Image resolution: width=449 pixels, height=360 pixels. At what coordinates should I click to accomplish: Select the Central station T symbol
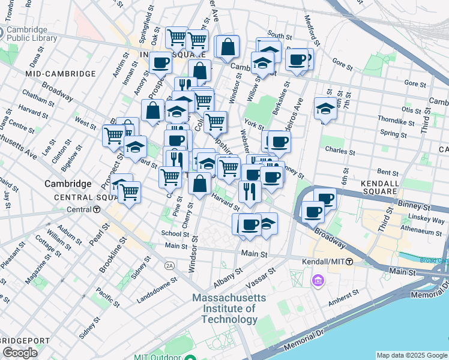pyautogui.click(x=96, y=209)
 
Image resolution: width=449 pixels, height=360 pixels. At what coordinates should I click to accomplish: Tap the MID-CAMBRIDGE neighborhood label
pyautogui.click(x=61, y=73)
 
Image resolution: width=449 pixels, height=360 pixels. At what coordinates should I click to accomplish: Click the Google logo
pyautogui.click(x=20, y=353)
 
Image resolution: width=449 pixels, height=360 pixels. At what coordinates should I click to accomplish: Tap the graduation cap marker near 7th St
pyautogui.click(x=325, y=109)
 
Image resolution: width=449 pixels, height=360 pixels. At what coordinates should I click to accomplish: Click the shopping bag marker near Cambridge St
pyautogui.click(x=228, y=47)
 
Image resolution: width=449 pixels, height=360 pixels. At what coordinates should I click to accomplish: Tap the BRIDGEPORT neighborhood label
pyautogui.click(x=25, y=341)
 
